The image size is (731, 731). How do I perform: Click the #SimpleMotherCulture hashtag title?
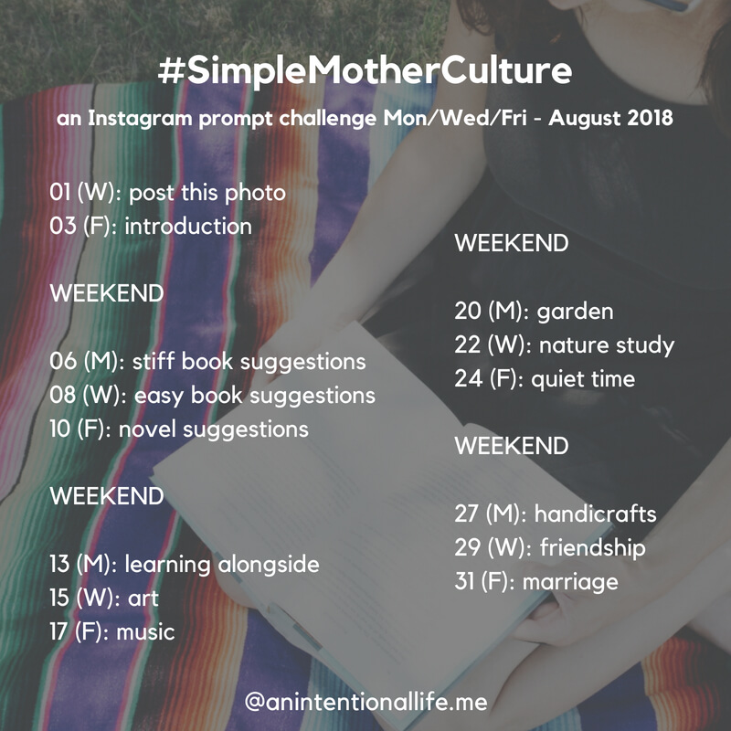pos(365,71)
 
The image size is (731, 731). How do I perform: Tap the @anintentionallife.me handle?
pos(366,702)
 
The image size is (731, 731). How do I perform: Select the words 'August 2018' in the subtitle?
pos(610,119)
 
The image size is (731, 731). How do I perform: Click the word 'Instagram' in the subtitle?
pos(140,119)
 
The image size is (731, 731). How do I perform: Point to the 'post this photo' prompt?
pos(207,193)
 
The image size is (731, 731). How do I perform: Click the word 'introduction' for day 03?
pos(188,226)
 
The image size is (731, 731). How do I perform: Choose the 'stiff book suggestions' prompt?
pos(249,362)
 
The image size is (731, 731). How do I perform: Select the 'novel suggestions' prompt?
pos(214,429)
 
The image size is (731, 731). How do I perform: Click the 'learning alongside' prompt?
pos(222,565)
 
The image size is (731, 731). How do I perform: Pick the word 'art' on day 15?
pos(143,599)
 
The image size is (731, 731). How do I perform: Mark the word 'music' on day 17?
pos(145,632)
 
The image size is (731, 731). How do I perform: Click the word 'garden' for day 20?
pos(575,312)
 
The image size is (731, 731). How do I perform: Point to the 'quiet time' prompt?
pos(583,379)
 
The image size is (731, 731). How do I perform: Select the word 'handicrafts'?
pos(595,514)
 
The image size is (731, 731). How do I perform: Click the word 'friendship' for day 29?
pos(592,547)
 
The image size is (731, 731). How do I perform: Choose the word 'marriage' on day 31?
pos(570,582)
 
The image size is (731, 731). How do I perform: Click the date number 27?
pos(468,514)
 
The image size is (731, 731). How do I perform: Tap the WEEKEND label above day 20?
pos(512,243)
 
